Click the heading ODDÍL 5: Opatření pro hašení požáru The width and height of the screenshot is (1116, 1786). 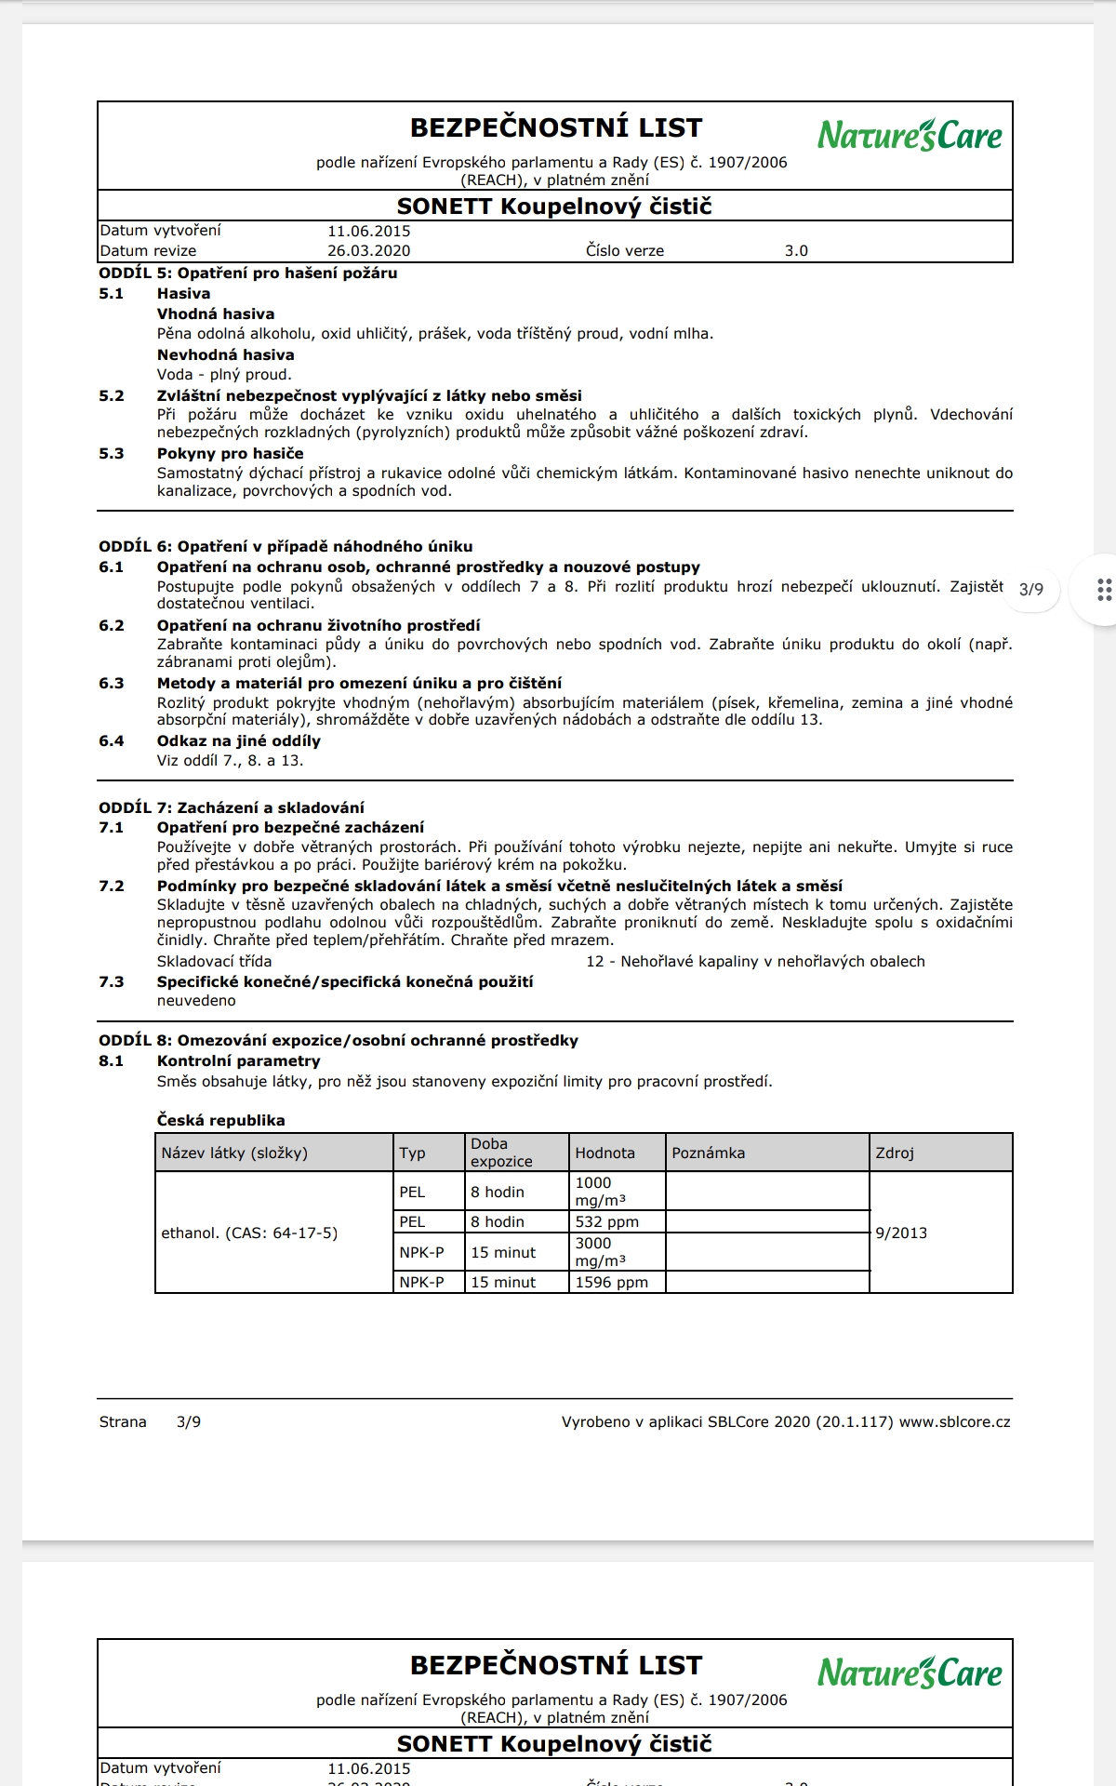point(248,273)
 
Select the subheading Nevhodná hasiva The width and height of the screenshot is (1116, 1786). point(225,354)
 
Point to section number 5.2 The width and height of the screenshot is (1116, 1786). point(112,395)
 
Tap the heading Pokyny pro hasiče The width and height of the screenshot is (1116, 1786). point(230,454)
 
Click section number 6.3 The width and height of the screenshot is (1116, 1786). point(112,683)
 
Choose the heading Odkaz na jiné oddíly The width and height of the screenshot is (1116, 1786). point(238,740)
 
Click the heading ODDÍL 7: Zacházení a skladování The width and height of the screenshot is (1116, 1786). point(232,807)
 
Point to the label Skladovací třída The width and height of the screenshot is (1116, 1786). point(214,961)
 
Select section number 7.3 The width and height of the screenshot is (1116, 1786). point(112,981)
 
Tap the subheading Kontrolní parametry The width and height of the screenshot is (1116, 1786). point(238,1060)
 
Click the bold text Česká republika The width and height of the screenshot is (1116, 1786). point(220,1120)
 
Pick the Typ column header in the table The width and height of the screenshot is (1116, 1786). point(412,1153)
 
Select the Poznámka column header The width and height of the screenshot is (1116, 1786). point(708,1153)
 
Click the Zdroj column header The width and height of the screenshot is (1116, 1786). point(894,1153)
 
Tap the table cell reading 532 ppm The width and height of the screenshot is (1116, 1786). point(606,1221)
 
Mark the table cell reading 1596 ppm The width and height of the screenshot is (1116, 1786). point(611,1282)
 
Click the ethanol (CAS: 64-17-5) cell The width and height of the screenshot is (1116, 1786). point(249,1233)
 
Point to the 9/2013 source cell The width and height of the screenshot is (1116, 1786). point(901,1233)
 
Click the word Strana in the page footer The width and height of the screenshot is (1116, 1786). point(123,1421)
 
